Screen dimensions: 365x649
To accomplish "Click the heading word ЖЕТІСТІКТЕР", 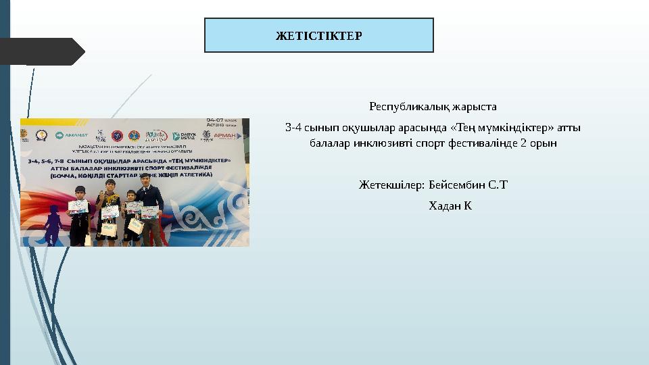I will pos(318,36).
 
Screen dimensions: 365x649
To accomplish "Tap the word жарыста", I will pos(478,107).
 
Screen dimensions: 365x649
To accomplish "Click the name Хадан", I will pos(443,205).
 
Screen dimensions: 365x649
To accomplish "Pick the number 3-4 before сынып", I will pos(293,127).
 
